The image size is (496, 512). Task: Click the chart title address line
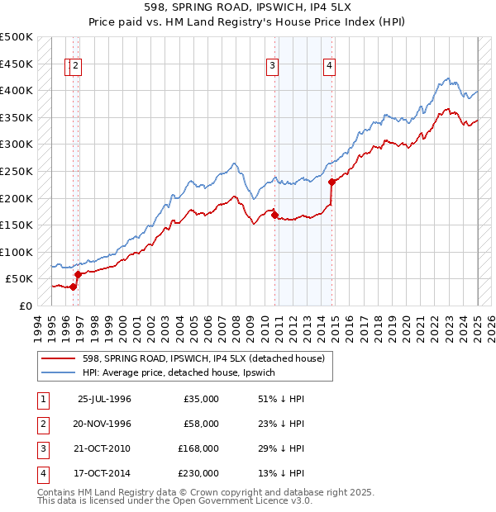pyautogui.click(x=247, y=8)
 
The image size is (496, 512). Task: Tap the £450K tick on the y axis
pyautogui.click(x=17, y=64)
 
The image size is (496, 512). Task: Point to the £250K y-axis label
pyautogui.click(x=17, y=171)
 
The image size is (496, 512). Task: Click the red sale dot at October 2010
pyautogui.click(x=274, y=215)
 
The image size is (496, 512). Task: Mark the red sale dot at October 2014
pyautogui.click(x=331, y=182)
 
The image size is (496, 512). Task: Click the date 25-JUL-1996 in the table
pyautogui.click(x=104, y=399)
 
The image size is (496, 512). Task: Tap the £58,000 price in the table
pyautogui.click(x=202, y=424)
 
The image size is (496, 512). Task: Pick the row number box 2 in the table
pyautogui.click(x=41, y=424)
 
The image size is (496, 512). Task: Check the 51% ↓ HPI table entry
pyautogui.click(x=282, y=399)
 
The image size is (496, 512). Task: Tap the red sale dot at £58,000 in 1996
pyautogui.click(x=78, y=274)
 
